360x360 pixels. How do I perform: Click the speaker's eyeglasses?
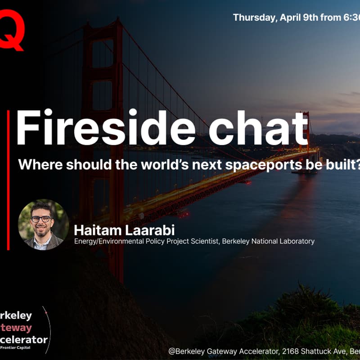click(41, 219)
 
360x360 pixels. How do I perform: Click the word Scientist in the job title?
click(207, 241)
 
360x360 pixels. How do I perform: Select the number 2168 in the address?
click(259, 351)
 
